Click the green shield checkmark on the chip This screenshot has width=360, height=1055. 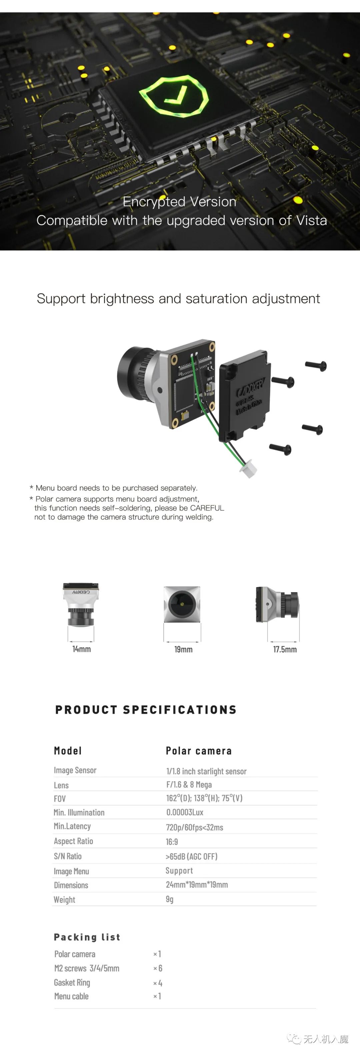(x=174, y=97)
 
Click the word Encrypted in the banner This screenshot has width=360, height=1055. (x=154, y=202)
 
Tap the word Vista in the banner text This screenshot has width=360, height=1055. (x=312, y=220)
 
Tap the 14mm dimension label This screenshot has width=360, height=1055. (x=82, y=649)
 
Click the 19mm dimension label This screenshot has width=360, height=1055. (x=183, y=649)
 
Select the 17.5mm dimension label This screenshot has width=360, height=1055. (x=285, y=649)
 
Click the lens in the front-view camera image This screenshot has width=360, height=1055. (x=181, y=604)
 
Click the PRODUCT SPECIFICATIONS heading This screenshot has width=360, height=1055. (x=146, y=710)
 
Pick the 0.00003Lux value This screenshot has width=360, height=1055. (x=185, y=812)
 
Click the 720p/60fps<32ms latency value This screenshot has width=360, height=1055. (x=195, y=827)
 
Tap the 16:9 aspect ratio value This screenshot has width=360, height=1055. (x=172, y=842)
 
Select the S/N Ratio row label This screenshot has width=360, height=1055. (x=68, y=856)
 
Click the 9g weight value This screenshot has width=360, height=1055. (x=170, y=899)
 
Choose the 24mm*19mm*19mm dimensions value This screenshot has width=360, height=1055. (x=197, y=885)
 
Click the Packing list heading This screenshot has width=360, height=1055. (x=87, y=937)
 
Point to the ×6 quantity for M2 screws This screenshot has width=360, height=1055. (x=158, y=968)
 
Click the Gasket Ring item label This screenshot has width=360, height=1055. (x=72, y=982)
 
